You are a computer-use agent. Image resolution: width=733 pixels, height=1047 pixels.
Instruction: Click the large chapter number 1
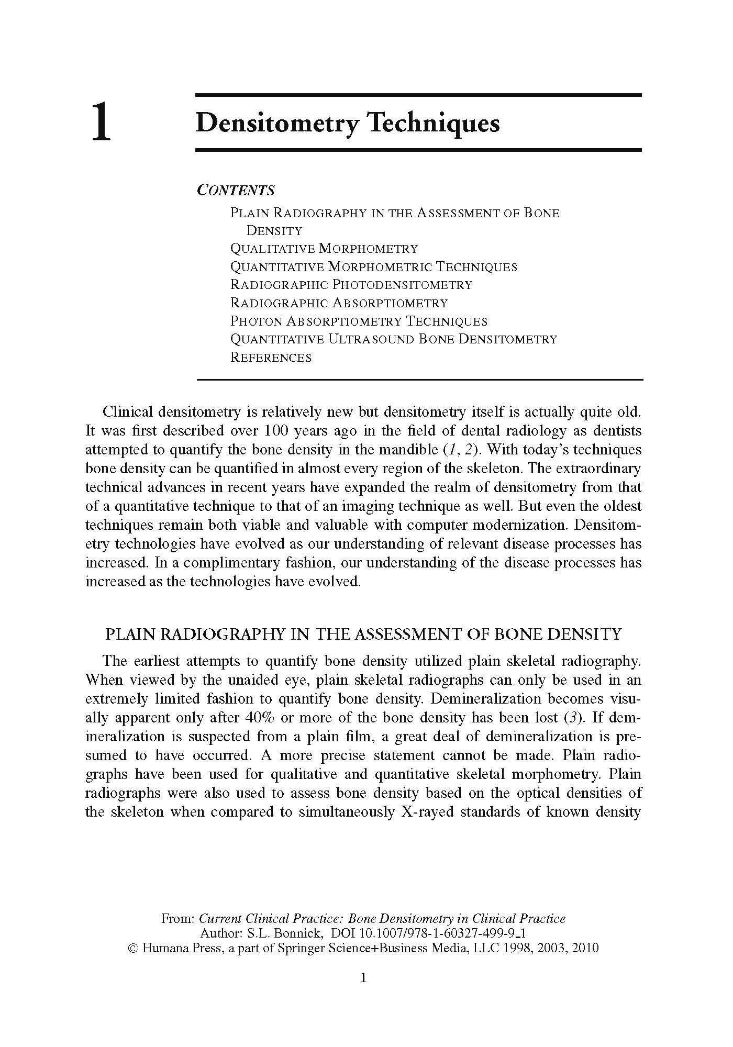tap(102, 122)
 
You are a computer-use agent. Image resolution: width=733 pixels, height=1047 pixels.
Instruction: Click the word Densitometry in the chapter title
tap(277, 124)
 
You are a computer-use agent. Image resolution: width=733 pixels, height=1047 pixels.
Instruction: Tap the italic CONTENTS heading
tap(236, 190)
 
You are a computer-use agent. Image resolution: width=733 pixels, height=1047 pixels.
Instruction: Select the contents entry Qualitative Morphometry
tap(324, 249)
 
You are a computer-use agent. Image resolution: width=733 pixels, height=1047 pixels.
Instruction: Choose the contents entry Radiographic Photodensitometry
tap(351, 285)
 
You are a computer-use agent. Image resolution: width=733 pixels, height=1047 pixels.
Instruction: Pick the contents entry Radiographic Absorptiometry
tap(339, 303)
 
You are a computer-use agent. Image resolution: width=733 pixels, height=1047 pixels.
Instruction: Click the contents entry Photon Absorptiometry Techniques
tap(359, 321)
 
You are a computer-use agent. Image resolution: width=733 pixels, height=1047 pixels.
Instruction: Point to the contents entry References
tap(271, 358)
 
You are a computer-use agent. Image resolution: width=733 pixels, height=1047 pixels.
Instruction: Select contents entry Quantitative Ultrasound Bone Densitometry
tap(393, 339)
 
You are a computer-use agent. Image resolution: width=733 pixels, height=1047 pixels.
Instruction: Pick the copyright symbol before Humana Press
tap(132, 948)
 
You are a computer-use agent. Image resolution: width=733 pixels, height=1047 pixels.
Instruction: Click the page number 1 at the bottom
tap(363, 977)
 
